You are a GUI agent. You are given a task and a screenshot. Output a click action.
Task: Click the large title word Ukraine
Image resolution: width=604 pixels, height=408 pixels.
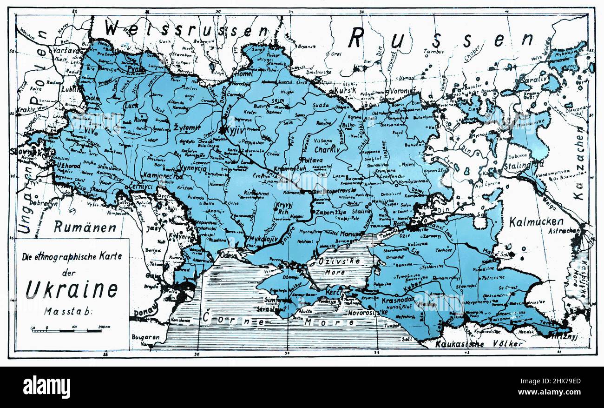coord(72,289)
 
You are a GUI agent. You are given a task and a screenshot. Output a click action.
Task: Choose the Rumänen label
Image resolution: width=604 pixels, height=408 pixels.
coord(85,227)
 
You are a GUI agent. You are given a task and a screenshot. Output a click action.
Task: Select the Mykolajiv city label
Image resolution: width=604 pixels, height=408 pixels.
coord(263,239)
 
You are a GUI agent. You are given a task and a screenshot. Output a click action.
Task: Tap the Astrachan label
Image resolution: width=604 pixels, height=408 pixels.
coord(563,230)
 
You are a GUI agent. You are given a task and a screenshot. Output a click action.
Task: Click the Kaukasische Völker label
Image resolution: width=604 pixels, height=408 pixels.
coord(479,344)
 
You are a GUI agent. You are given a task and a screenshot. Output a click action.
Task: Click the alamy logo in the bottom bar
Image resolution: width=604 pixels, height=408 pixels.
coord(46,387)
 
